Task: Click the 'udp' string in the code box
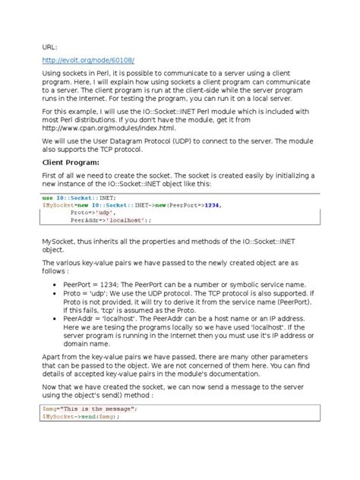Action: [99, 213]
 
